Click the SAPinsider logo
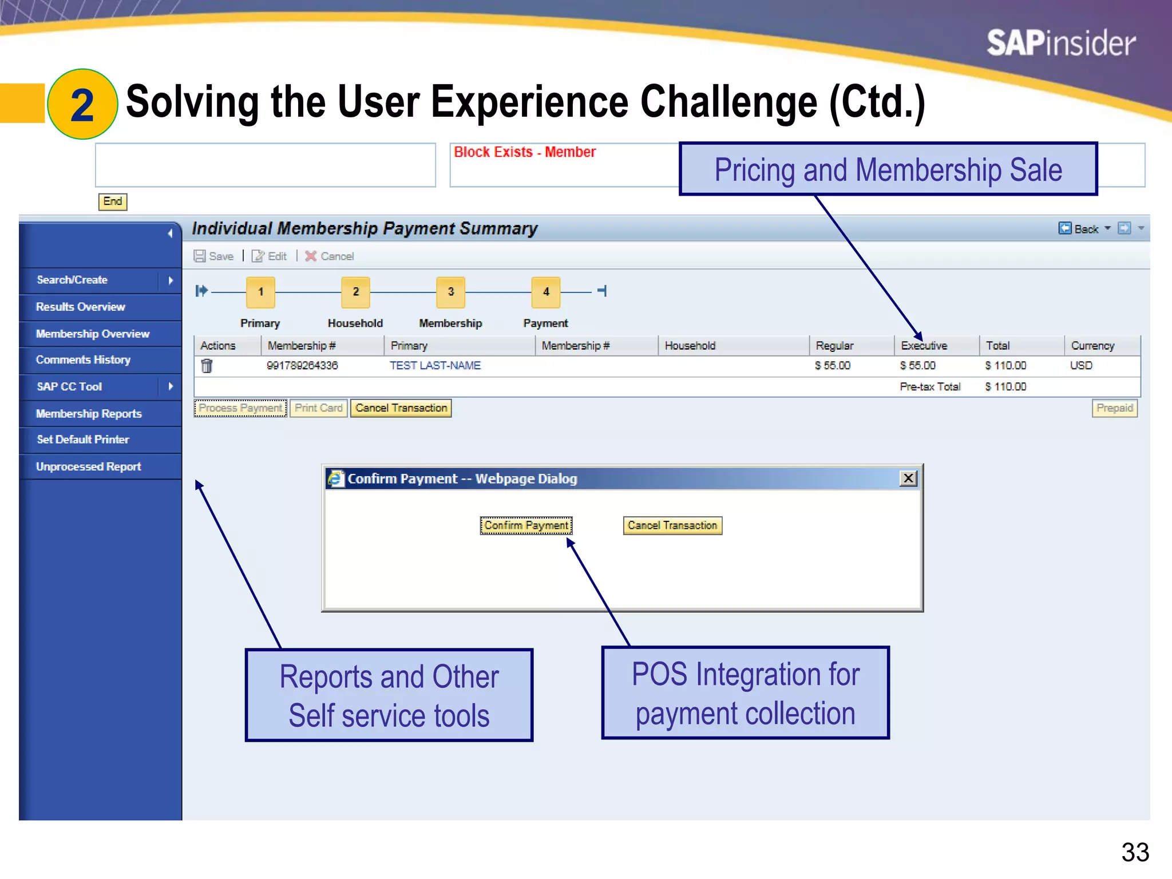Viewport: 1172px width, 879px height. click(1060, 43)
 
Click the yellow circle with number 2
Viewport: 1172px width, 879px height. click(82, 104)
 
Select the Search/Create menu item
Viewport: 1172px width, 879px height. click(73, 280)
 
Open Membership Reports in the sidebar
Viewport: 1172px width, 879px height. click(89, 413)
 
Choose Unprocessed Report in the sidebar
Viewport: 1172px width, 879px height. click(89, 466)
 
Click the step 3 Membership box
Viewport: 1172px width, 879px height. click(450, 292)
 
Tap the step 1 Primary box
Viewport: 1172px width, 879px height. click(260, 292)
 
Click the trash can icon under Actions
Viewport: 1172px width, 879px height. click(207, 366)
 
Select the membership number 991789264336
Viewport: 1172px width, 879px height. click(302, 366)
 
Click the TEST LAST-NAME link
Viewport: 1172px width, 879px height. click(435, 366)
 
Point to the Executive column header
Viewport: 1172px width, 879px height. click(924, 346)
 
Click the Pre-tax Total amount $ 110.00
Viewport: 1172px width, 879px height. click(1005, 387)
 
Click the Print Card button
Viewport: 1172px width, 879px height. click(318, 408)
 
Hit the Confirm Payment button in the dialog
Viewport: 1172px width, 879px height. click(526, 525)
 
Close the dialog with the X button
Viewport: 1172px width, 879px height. click(908, 478)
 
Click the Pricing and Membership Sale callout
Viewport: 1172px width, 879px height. click(888, 169)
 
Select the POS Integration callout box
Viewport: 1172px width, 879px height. click(745, 693)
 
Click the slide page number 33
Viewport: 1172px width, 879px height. click(1135, 852)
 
